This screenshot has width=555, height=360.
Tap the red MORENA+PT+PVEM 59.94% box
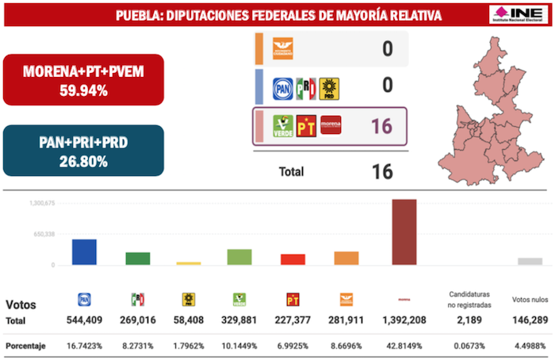pos(83,79)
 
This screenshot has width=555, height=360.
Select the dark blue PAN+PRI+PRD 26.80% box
pos(83,151)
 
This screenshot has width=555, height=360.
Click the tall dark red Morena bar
pos(404,232)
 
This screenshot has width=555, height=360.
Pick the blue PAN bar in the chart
pos(84,252)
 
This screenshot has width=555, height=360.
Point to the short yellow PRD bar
pos(189,263)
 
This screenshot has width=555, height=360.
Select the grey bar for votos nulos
pos(530,261)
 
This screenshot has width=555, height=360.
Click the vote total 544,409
pos(85,320)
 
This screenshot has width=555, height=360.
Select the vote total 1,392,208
pos(404,320)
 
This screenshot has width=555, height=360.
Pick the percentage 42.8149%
pos(404,347)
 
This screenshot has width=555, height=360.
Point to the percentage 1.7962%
pos(189,347)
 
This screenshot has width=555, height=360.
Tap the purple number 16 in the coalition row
pos(381,125)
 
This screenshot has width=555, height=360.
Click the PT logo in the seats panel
pos(306,125)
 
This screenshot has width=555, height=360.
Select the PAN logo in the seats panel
pos(282,88)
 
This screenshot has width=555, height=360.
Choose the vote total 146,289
pos(530,320)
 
